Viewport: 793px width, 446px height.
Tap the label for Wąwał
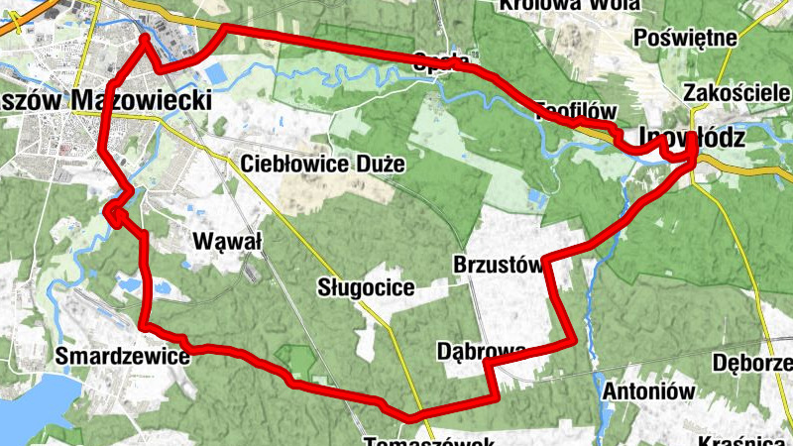pos(228,241)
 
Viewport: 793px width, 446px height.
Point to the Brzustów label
pos(496,265)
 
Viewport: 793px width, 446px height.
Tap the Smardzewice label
pos(123,355)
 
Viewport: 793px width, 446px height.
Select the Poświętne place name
pos(690,39)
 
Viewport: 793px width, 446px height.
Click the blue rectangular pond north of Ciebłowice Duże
pos(215,74)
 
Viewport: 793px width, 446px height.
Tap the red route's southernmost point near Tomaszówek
pos(406,415)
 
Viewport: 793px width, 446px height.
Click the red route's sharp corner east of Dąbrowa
pos(574,343)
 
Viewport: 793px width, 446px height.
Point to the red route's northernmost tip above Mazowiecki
pos(145,39)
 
